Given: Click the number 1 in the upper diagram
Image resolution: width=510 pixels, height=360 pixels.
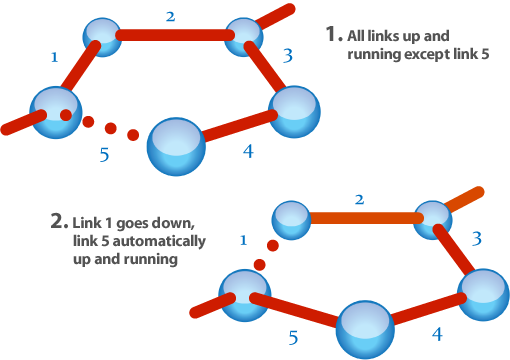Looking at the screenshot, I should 54,58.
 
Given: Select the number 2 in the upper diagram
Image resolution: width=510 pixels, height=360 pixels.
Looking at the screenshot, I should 170,17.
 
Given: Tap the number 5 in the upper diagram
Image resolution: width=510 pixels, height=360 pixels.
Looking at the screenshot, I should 104,155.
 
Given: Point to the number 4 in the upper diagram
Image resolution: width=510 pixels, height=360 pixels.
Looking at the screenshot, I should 248,151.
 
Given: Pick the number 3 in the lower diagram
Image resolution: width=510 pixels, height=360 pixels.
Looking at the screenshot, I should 476,239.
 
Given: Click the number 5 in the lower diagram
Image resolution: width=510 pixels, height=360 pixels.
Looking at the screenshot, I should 293,337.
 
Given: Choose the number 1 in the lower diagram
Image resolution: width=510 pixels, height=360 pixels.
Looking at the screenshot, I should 243,240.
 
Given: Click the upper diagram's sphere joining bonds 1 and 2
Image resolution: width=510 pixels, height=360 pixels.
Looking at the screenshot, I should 102,36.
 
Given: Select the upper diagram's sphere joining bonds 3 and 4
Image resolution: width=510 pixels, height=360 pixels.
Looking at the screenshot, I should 294,111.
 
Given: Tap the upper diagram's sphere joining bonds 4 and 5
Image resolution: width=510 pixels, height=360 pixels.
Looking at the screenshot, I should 176,146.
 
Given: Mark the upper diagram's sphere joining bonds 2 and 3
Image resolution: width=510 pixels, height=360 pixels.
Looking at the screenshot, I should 243,36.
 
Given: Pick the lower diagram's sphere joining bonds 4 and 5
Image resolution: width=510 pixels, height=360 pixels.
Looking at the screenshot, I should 365,329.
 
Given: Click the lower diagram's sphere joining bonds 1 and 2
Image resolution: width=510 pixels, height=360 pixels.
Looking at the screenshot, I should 291,219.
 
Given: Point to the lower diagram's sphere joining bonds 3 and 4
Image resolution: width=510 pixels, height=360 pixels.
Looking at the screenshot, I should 483,294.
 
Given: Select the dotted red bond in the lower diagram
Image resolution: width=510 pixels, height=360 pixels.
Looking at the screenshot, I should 266,255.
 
